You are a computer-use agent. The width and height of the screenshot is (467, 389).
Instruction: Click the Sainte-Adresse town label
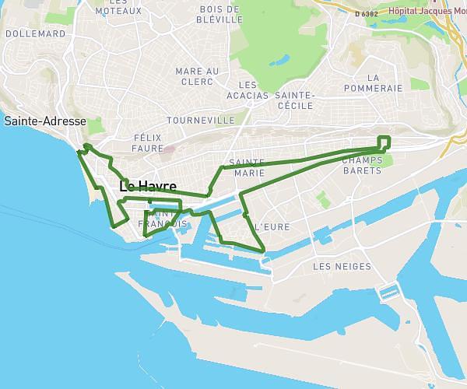[x=44, y=121]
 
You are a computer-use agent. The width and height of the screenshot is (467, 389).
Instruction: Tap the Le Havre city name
[x=147, y=187]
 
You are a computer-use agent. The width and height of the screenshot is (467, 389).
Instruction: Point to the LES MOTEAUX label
[x=118, y=7]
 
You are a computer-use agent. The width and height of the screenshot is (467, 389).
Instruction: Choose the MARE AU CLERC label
[x=197, y=75]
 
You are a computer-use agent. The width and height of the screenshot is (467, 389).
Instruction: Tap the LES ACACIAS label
[x=248, y=89]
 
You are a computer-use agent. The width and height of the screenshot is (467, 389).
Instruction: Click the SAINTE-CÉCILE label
[x=294, y=100]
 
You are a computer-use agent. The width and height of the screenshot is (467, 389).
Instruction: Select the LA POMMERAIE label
[x=384, y=83]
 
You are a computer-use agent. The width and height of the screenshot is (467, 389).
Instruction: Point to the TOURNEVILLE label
[x=200, y=121]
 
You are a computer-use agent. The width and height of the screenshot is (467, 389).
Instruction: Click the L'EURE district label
[x=272, y=226]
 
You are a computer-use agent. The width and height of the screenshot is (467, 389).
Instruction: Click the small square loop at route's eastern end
[x=384, y=141]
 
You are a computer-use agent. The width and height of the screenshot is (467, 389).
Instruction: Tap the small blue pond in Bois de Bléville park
[x=279, y=58]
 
